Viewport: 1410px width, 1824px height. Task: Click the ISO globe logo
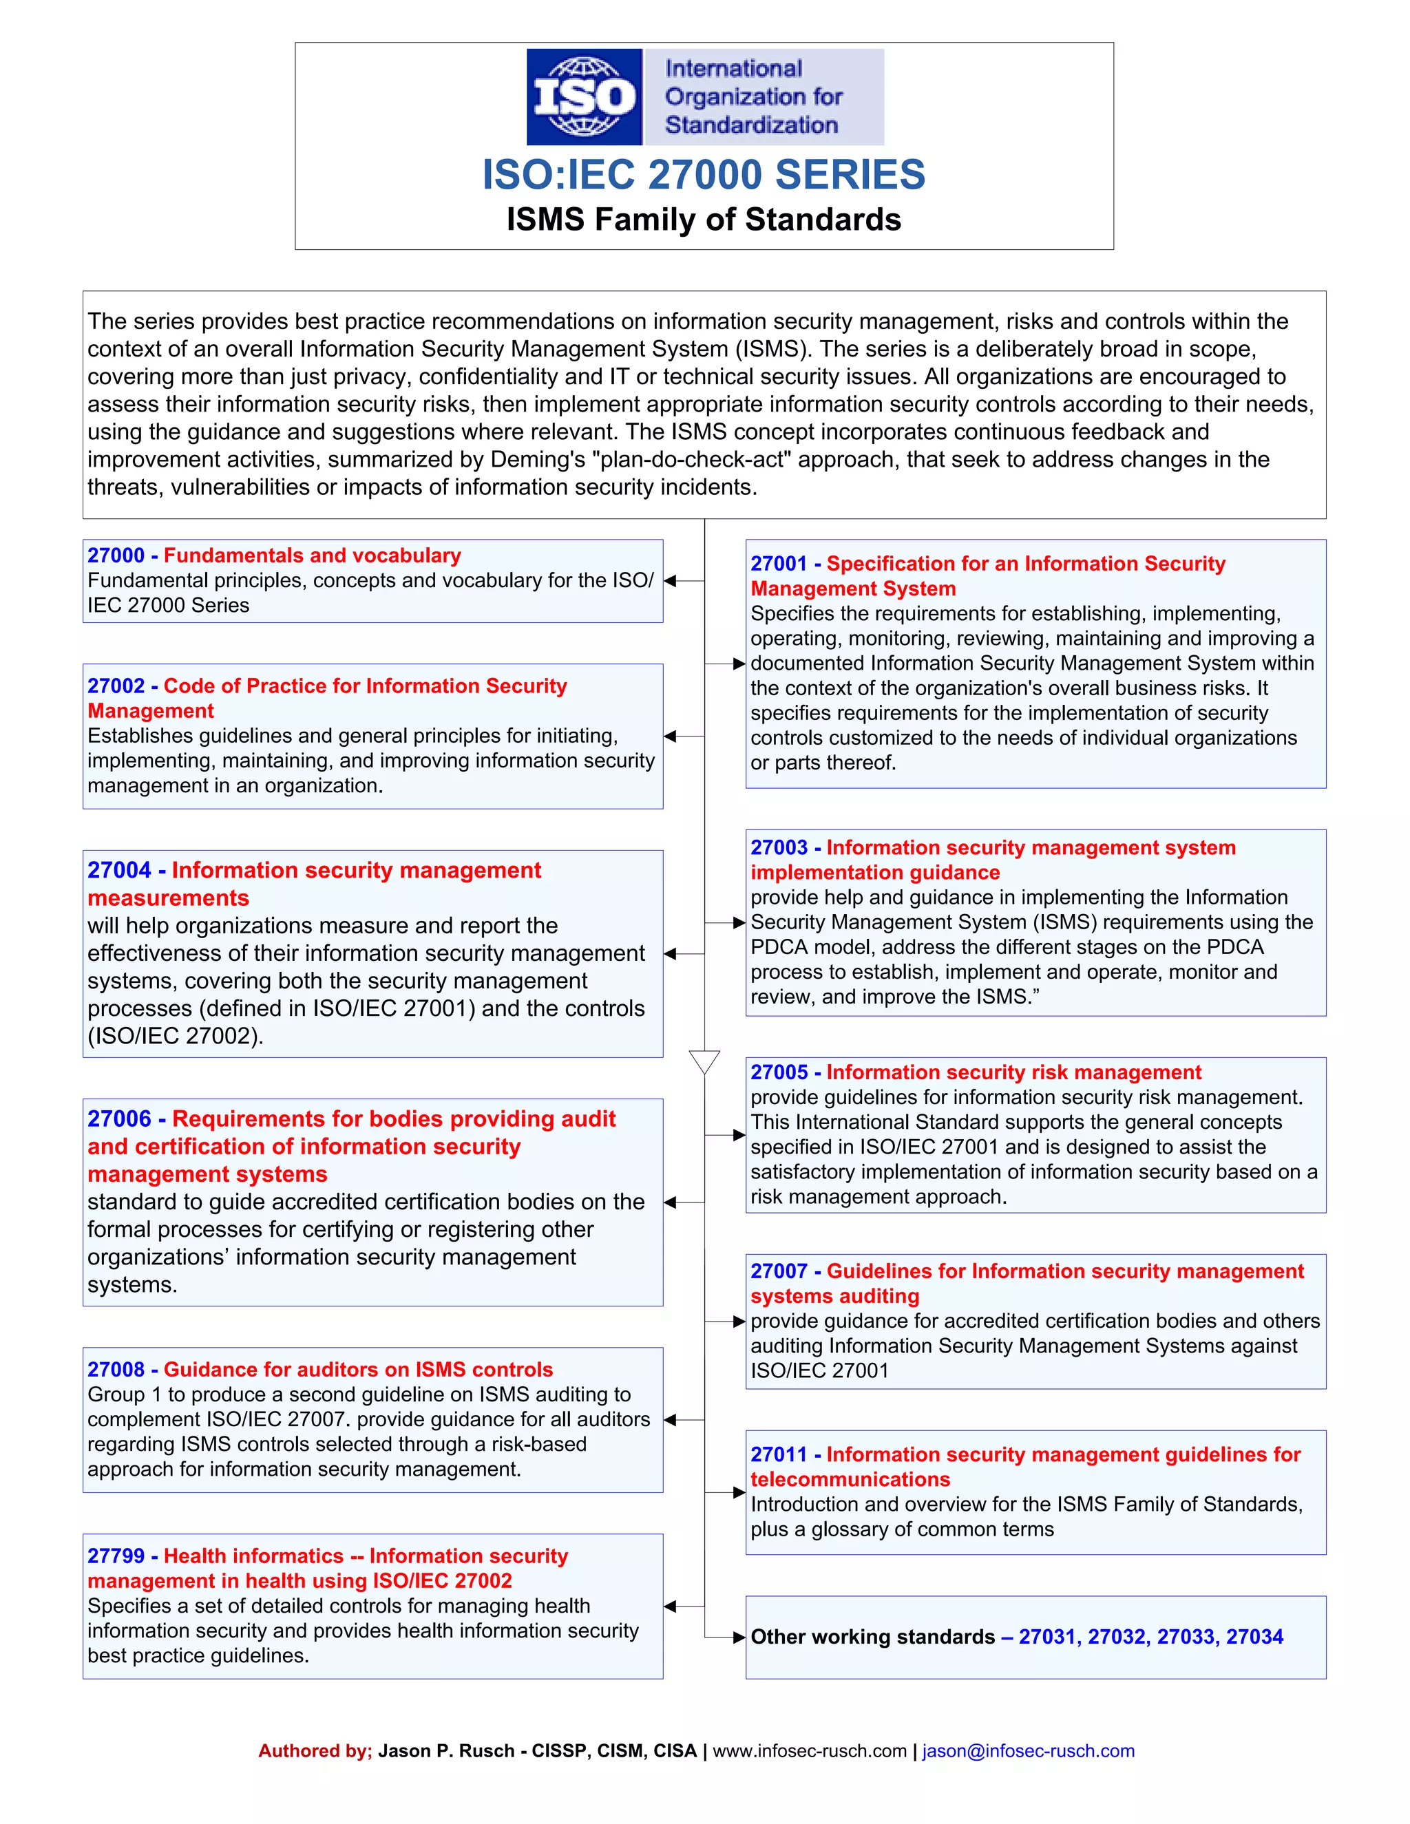click(584, 97)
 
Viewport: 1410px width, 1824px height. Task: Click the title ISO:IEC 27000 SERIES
click(704, 175)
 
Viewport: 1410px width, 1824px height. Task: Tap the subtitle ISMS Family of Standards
click(704, 220)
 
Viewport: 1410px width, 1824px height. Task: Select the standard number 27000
click(116, 555)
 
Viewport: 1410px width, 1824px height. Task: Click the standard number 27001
click(779, 564)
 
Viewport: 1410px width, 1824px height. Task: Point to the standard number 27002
click(116, 686)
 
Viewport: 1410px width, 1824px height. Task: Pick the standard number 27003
click(779, 848)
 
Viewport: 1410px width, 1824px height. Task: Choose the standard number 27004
click(118, 870)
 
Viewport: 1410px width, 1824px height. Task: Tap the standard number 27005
click(779, 1072)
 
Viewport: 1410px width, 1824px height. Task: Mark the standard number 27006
click(118, 1119)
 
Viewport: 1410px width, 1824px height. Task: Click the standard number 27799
click(116, 1556)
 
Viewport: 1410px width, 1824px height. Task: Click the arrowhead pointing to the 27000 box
click(670, 580)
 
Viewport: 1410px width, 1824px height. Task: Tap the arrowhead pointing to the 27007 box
click(739, 1322)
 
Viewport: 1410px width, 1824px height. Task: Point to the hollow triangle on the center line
click(704, 1061)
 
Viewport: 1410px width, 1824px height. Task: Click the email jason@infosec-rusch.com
click(1029, 1750)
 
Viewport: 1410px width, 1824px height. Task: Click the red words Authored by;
click(315, 1750)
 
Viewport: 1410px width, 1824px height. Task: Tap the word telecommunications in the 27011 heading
click(850, 1479)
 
